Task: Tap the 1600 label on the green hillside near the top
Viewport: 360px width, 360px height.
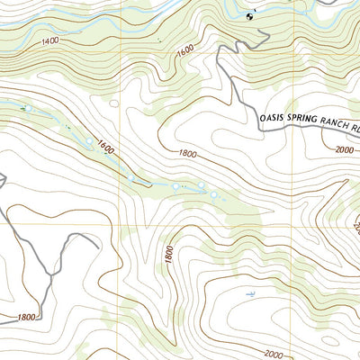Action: [x=186, y=52]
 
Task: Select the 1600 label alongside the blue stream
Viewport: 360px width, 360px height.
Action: [x=106, y=146]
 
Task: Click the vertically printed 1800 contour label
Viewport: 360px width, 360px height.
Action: [x=168, y=255]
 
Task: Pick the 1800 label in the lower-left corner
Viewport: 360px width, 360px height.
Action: [x=26, y=317]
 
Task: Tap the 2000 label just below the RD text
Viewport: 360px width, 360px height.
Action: [x=346, y=150]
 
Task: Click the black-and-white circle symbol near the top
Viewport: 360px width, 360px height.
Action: [x=250, y=15]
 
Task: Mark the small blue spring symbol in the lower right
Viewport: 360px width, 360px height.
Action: [x=249, y=295]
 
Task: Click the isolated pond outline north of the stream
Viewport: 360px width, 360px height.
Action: [x=116, y=103]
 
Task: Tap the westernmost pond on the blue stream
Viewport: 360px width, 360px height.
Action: [x=26, y=109]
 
